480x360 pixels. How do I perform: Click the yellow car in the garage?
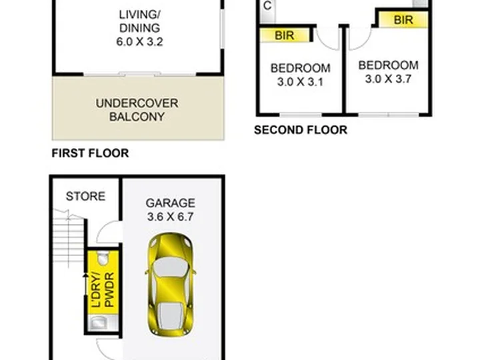pyautogui.click(x=171, y=285)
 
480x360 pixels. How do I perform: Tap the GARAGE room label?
pyautogui.click(x=170, y=203)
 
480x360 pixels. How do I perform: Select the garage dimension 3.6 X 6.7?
pyautogui.click(x=170, y=217)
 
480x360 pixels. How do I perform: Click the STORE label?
pyautogui.click(x=85, y=196)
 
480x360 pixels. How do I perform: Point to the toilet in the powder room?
pyautogui.click(x=103, y=257)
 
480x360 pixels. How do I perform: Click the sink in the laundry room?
pyautogui.click(x=98, y=323)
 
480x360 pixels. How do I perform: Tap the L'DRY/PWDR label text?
pyautogui.click(x=103, y=290)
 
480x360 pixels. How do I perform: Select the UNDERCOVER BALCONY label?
pyautogui.click(x=137, y=109)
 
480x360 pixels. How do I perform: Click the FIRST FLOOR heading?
pyautogui.click(x=90, y=153)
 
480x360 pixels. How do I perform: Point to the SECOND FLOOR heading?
pyautogui.click(x=301, y=130)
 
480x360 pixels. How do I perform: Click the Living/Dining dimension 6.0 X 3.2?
pyautogui.click(x=139, y=41)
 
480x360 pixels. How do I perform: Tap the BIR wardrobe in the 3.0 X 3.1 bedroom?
pyautogui.click(x=285, y=35)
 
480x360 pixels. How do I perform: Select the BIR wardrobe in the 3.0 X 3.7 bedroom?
pyautogui.click(x=403, y=20)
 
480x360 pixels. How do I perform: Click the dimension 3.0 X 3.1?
pyautogui.click(x=300, y=82)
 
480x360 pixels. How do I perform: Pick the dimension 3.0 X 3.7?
pyautogui.click(x=388, y=79)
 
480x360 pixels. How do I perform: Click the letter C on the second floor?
pyautogui.click(x=267, y=6)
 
